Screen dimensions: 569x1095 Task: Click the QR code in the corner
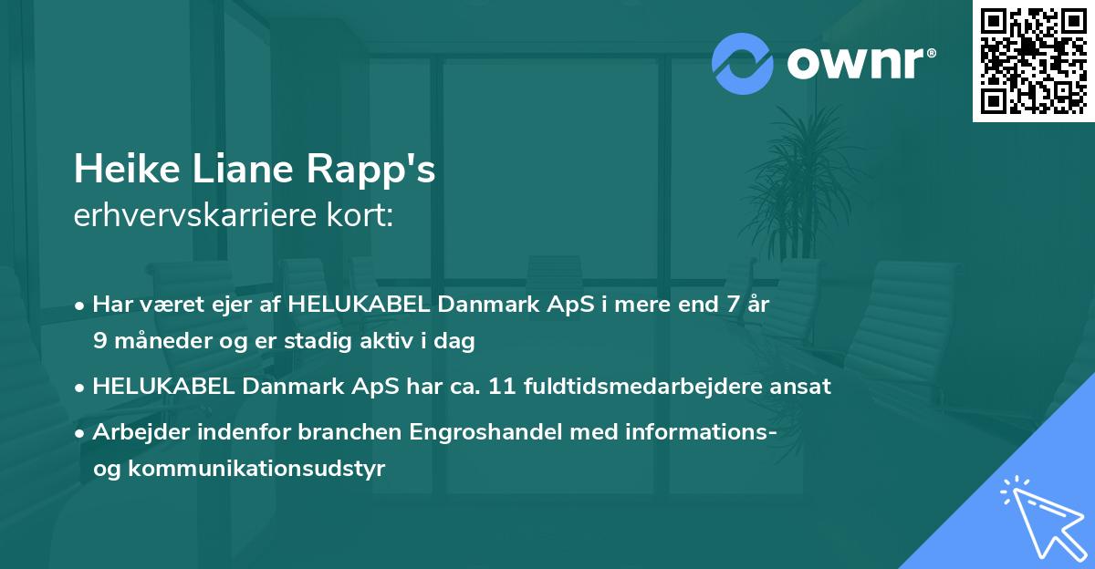point(1034,60)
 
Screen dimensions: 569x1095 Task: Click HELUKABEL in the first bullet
point(353,305)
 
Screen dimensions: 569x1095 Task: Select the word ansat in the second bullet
point(804,386)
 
